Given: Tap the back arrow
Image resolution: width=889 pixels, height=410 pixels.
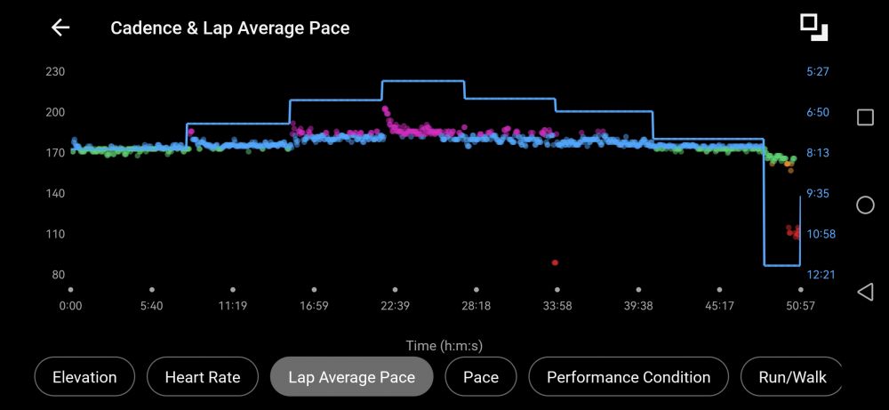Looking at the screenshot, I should tap(60, 28).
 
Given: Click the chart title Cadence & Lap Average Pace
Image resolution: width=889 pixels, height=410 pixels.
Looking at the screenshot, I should tap(229, 28).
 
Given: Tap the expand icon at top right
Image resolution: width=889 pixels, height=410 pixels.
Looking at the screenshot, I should tap(813, 27).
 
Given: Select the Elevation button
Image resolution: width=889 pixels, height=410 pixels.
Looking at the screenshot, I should tap(84, 377).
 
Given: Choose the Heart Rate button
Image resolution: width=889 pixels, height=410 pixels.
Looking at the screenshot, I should tap(203, 377).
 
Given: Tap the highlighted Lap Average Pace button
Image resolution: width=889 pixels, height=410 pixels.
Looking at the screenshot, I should tap(351, 377).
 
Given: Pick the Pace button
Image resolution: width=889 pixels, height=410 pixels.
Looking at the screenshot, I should tap(481, 377).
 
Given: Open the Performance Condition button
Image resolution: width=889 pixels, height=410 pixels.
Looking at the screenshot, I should tap(629, 377).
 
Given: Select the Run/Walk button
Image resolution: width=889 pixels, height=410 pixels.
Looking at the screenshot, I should tap(791, 377).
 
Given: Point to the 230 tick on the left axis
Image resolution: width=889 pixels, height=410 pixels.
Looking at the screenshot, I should tap(55, 72).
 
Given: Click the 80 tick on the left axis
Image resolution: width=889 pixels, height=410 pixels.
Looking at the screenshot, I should tap(58, 275).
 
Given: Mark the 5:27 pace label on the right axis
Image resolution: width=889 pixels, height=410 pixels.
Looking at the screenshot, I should tap(817, 72).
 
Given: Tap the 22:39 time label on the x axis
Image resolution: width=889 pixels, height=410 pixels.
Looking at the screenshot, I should tap(395, 306).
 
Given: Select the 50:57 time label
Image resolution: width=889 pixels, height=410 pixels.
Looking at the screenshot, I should tap(800, 306).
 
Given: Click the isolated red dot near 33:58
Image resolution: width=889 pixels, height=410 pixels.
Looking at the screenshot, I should tap(555, 262).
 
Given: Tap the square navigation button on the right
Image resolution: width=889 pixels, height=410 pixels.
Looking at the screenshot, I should tap(865, 117).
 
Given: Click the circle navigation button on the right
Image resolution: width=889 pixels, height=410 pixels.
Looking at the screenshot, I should tap(865, 205).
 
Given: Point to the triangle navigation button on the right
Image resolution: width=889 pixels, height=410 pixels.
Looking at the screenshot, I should tap(865, 292).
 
